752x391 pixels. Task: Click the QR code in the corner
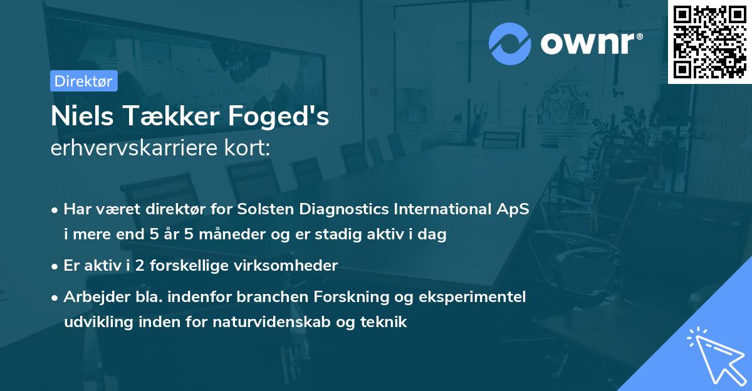coord(709,41)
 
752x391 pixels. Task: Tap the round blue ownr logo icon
coord(510,43)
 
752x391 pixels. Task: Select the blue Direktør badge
coord(83,81)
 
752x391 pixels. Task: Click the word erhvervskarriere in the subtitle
coord(130,149)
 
